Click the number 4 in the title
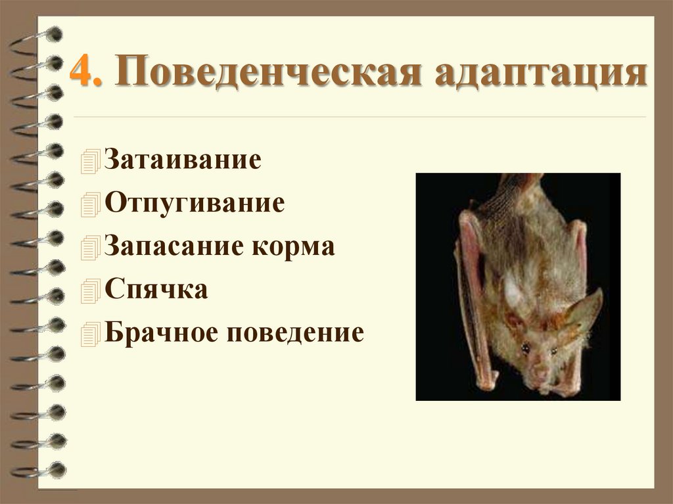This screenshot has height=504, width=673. coord(81,73)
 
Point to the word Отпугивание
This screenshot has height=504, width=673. coord(194,203)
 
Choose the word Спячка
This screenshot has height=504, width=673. coord(156,289)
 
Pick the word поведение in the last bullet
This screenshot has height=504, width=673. coord(296,332)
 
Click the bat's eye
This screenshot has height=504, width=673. coord(525,346)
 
